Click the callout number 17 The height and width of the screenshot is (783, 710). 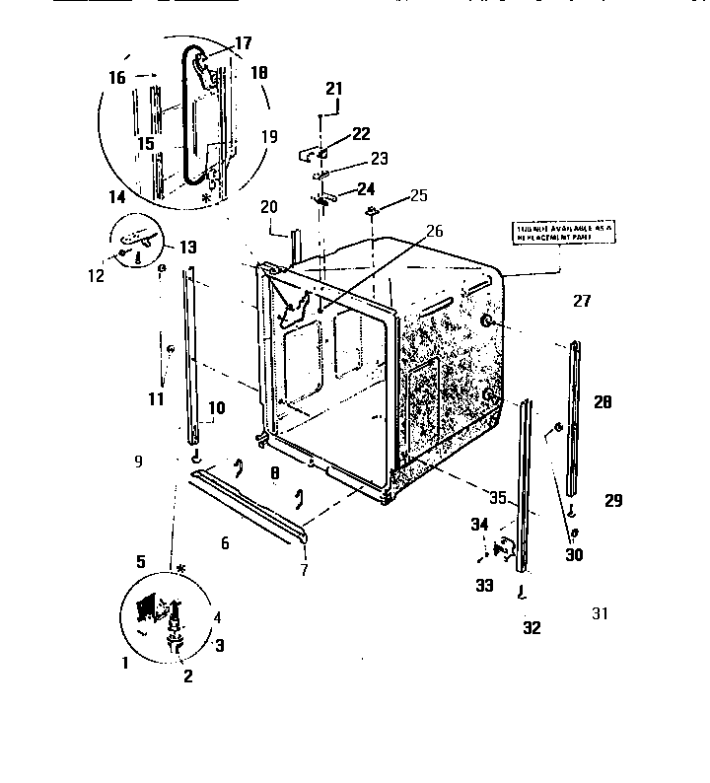click(x=243, y=43)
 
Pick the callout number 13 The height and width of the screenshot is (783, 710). click(x=185, y=246)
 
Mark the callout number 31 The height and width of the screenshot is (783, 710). click(x=600, y=613)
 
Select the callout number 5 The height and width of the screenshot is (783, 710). click(x=141, y=561)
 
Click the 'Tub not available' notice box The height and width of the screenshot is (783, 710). click(x=563, y=234)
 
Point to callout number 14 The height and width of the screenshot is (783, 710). click(x=117, y=197)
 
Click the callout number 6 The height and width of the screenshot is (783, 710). click(x=225, y=543)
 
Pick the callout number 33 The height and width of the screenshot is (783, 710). click(x=484, y=584)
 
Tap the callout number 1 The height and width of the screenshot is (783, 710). click(x=125, y=663)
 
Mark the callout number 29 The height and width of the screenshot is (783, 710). click(x=613, y=501)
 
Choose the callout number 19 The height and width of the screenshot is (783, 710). click(x=269, y=137)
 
